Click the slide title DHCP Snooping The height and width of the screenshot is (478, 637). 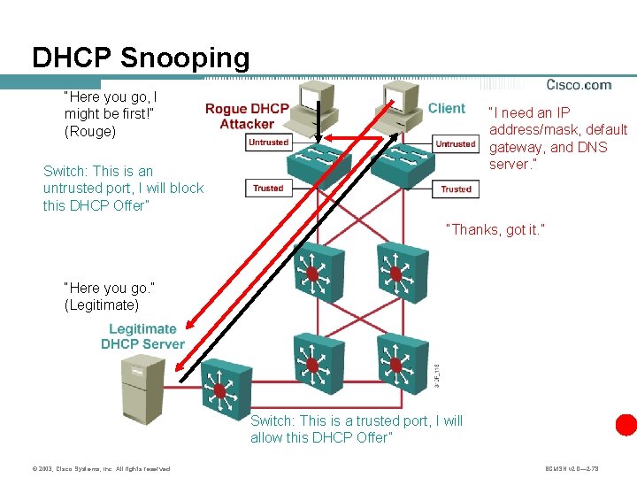click(141, 58)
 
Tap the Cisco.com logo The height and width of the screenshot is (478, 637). click(579, 86)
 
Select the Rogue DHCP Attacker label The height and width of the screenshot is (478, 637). click(247, 116)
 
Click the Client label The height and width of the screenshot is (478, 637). click(446, 109)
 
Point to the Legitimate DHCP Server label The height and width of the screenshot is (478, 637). click(142, 336)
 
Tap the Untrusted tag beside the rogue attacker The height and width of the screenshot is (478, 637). click(268, 143)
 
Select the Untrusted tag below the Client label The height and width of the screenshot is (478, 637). click(455, 143)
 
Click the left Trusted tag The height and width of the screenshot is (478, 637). click(268, 188)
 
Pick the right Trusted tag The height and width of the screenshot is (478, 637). click(456, 189)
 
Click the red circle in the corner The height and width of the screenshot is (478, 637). click(626, 424)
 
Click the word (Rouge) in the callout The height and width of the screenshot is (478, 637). click(90, 131)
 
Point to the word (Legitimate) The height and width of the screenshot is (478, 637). click(102, 305)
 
